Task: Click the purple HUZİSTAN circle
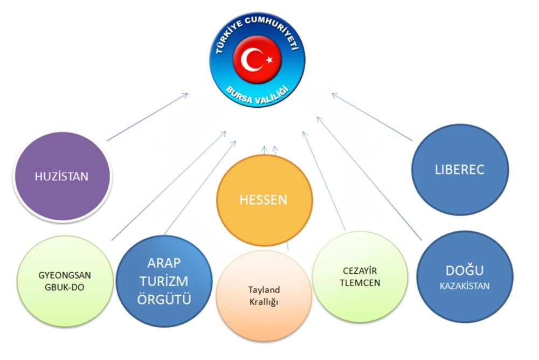pyautogui.click(x=61, y=176)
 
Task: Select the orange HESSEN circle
pyautogui.click(x=264, y=200)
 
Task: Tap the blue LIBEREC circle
pyautogui.click(x=460, y=169)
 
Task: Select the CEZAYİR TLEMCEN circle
pyautogui.click(x=360, y=277)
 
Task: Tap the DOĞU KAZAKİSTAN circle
pyautogui.click(x=464, y=277)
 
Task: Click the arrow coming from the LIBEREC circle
pyautogui.click(x=372, y=117)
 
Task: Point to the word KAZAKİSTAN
pyautogui.click(x=464, y=286)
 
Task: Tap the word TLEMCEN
pyautogui.click(x=360, y=283)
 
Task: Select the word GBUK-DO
pyautogui.click(x=61, y=287)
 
